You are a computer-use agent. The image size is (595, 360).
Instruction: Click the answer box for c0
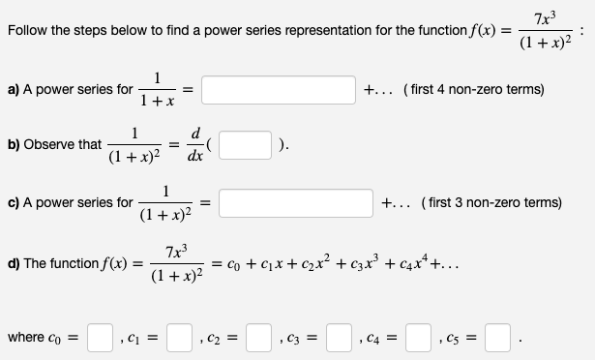click(x=100, y=337)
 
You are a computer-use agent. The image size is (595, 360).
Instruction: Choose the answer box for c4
click(x=418, y=337)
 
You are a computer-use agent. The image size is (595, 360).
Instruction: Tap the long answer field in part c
click(x=288, y=203)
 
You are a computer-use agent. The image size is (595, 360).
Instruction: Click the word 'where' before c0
click(x=26, y=338)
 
